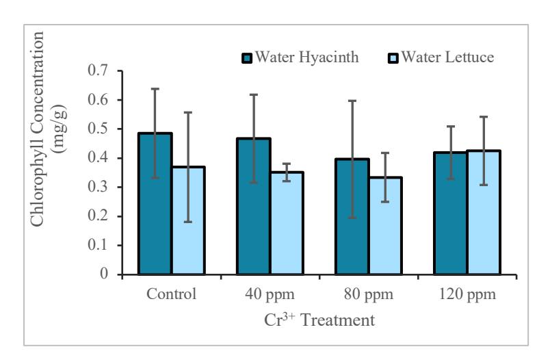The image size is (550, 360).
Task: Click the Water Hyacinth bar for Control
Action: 155,203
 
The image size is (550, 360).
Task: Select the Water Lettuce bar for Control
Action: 188,220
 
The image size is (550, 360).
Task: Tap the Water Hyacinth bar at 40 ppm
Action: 254,206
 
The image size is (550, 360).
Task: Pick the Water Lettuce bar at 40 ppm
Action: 287,223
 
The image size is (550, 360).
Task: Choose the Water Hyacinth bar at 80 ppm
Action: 352,216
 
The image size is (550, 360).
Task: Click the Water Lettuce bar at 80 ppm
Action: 386,226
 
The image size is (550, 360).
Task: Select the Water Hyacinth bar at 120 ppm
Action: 451,213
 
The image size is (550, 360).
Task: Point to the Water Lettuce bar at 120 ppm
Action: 484,212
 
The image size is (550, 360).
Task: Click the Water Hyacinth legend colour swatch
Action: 247,58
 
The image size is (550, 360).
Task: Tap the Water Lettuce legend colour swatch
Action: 393,58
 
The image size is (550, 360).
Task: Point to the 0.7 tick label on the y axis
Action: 98,70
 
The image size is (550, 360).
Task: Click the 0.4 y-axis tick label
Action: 98,158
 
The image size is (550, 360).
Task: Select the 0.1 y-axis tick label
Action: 98,245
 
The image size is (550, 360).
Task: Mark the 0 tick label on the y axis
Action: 104,274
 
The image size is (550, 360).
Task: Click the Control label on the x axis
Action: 171,294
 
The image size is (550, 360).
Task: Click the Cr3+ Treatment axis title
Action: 319,320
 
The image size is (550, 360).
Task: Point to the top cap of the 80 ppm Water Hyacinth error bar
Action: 352,101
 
